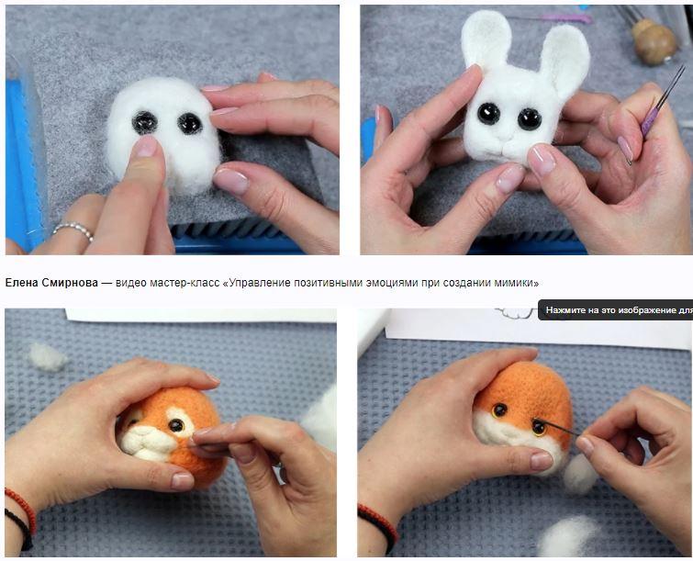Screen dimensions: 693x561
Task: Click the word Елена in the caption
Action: (x=22, y=283)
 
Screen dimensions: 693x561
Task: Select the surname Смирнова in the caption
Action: (x=70, y=283)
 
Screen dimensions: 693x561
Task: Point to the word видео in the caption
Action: (x=131, y=283)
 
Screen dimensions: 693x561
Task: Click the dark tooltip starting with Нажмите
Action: (x=615, y=310)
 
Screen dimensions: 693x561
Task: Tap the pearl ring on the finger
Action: (x=73, y=230)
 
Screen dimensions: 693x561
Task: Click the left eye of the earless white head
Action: (x=144, y=123)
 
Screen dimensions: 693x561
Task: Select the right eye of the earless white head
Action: (x=190, y=123)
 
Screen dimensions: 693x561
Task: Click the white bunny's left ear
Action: (x=486, y=39)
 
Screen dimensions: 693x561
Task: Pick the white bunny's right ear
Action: (x=564, y=58)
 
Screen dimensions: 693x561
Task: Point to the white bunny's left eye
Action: (x=489, y=114)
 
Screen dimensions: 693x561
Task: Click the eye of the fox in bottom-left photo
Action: (x=176, y=425)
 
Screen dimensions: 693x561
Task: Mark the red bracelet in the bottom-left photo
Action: (x=21, y=509)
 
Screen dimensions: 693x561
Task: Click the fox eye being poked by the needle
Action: (x=539, y=427)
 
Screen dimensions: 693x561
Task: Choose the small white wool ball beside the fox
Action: (x=579, y=474)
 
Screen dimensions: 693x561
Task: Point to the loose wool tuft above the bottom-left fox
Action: (x=48, y=356)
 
